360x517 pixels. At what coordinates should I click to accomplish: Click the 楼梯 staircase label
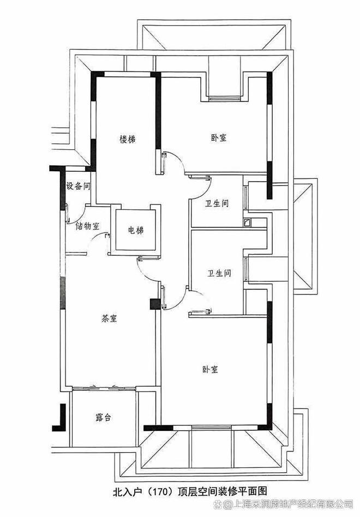127,140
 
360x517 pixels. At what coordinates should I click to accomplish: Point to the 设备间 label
77,186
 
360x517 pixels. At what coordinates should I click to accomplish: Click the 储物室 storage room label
87,226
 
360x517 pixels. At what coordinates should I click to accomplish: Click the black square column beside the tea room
154,304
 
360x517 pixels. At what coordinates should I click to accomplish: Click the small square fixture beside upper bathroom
247,222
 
